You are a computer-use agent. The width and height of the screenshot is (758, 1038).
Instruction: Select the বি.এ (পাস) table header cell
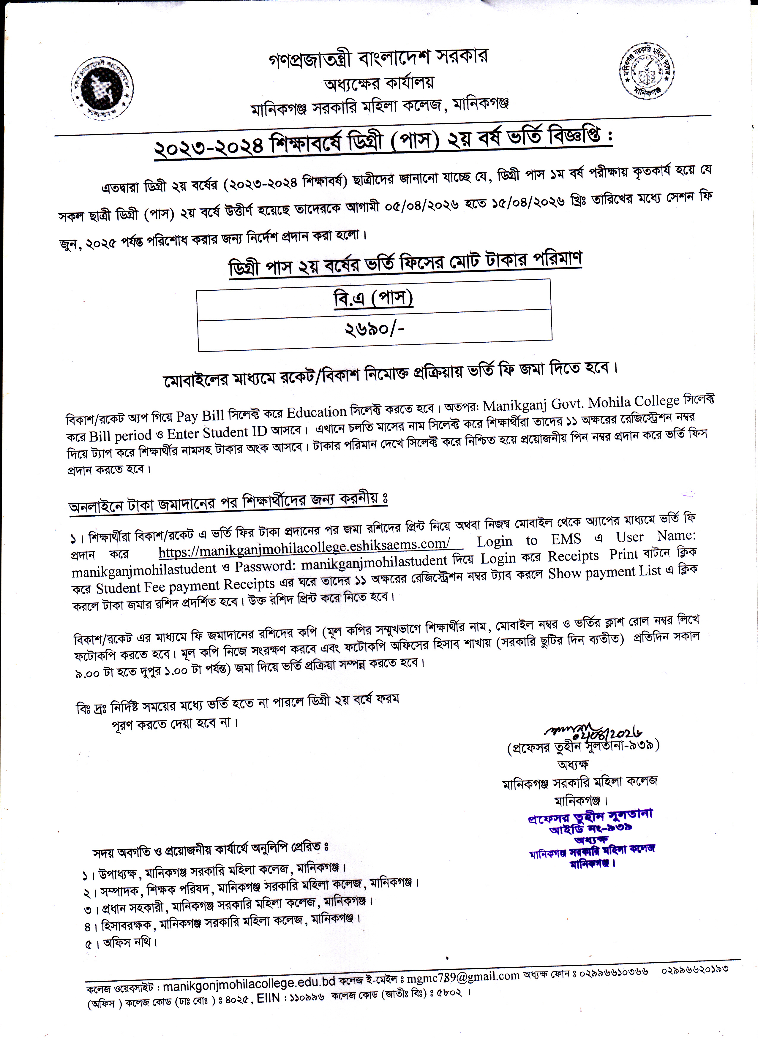point(373,299)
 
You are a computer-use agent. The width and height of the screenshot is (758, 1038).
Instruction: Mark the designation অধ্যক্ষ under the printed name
point(573,764)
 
